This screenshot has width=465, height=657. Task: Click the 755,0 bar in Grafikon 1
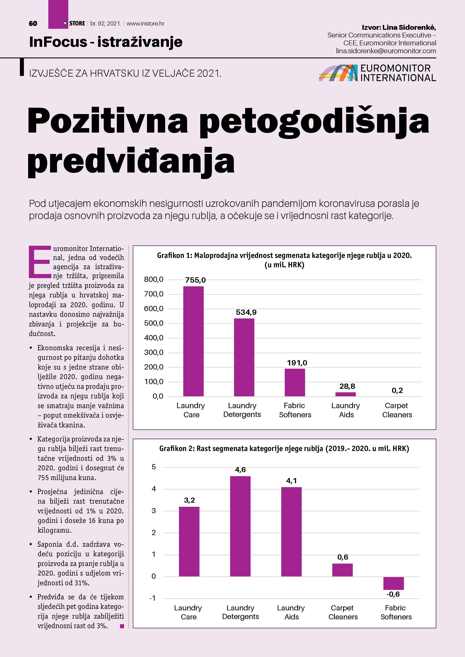pos(193,341)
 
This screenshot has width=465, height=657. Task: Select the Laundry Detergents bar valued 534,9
pos(244,357)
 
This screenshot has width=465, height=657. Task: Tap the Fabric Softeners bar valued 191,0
pos(295,382)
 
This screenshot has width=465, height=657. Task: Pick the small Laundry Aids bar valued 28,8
pos(346,394)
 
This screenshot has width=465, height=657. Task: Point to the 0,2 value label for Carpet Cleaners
pos(397,390)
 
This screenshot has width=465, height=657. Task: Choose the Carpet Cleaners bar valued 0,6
pos(342,570)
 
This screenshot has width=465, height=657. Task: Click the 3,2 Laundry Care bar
pos(189,541)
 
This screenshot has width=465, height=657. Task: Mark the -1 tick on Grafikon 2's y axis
pos(153,598)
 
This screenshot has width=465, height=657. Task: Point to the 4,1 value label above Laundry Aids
pos(291,481)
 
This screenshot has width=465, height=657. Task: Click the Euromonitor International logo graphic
pos(338,73)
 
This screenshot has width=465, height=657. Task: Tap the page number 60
pos(33,23)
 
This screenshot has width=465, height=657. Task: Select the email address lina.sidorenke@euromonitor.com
pos(386,51)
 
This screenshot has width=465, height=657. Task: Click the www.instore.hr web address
pos(145,23)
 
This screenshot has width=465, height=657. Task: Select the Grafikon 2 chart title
pos(284,448)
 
